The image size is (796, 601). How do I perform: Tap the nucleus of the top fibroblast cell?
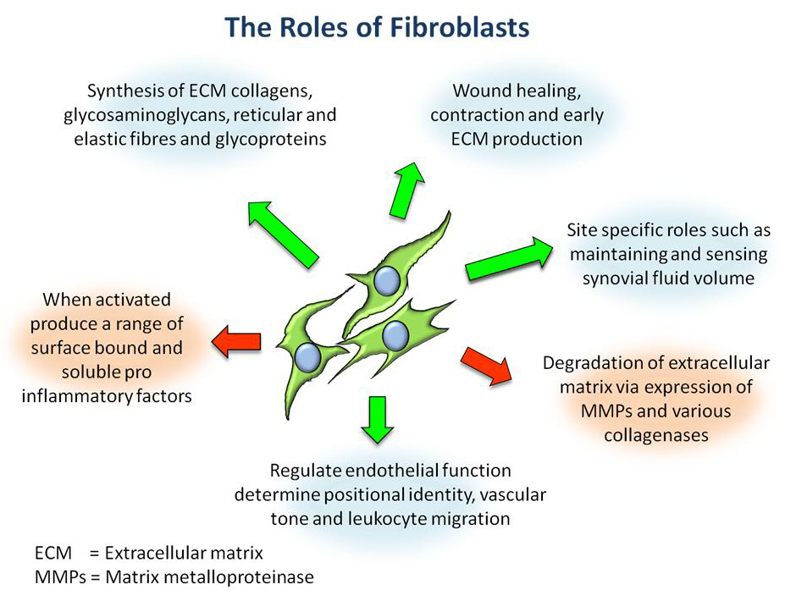pos(387,279)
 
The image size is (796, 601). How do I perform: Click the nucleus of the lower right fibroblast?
pos(395,336)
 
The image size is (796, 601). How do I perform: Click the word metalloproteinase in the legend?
pos(243,577)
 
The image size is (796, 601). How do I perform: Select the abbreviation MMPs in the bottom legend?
pos(56,577)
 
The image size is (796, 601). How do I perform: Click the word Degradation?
pos(594,364)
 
